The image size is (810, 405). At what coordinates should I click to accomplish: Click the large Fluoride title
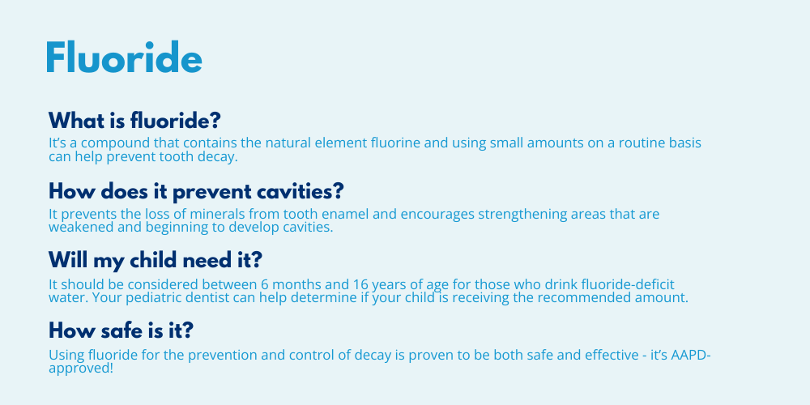(x=124, y=57)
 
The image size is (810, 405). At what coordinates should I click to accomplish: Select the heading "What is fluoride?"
(x=134, y=121)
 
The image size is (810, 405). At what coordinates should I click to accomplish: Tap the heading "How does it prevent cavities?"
(x=196, y=192)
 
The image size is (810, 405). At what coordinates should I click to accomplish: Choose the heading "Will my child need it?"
(x=156, y=260)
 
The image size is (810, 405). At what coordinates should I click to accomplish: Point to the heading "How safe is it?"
(x=121, y=330)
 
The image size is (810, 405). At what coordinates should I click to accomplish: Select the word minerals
(x=217, y=214)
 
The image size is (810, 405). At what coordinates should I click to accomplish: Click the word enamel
(x=346, y=214)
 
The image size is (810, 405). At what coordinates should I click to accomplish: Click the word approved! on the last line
(x=80, y=369)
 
